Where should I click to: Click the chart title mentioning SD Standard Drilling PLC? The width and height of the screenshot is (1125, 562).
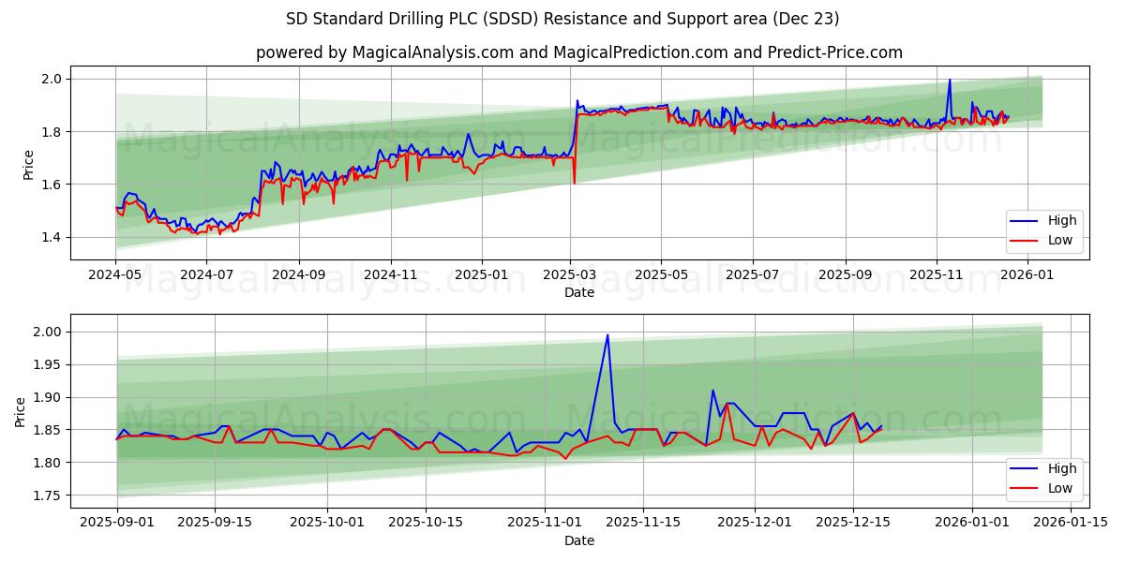pos(562,19)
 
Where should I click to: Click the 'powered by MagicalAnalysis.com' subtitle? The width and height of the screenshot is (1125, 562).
pos(579,52)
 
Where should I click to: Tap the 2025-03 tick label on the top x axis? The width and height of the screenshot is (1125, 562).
pos(571,275)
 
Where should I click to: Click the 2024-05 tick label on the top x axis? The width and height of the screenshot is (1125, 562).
pos(115,275)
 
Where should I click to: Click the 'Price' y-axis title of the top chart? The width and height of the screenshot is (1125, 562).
pos(29,165)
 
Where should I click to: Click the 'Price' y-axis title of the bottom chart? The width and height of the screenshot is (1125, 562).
pos(21,411)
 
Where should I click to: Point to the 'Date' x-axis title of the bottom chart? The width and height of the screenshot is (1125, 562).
pos(578,540)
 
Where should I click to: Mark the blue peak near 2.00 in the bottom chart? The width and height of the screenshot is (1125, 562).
pos(607,335)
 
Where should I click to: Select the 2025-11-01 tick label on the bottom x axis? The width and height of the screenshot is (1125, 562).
pos(538,523)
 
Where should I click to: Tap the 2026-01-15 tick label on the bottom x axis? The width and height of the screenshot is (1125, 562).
pos(1070,523)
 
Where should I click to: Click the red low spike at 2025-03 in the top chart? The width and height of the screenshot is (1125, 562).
pos(574,183)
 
